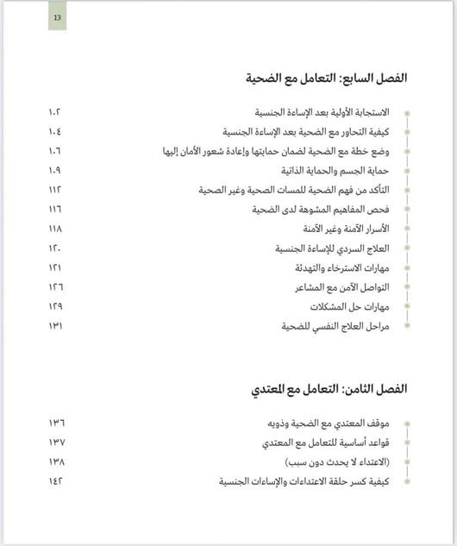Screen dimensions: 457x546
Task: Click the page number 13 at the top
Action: pos(57,17)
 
